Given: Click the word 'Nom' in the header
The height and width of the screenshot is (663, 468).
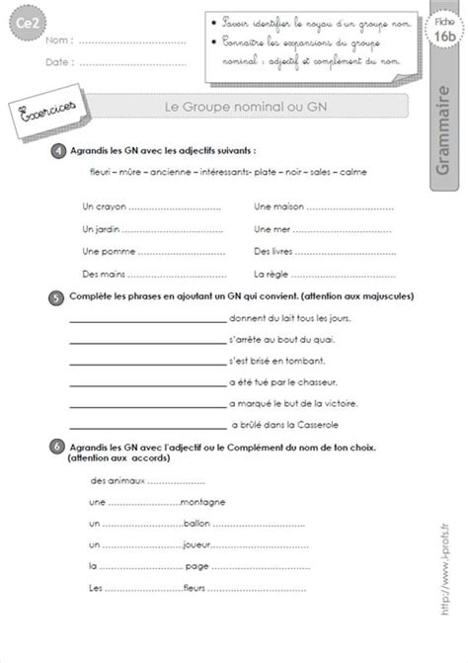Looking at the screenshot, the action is [x=56, y=42].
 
